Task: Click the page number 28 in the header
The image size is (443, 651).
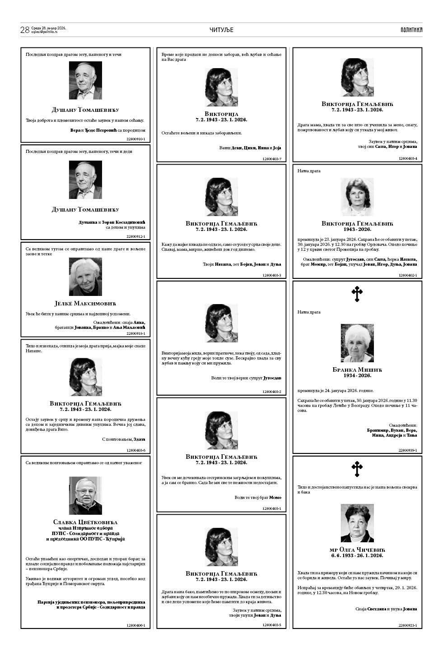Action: click(x=25, y=30)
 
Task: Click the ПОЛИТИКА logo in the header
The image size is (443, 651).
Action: click(x=411, y=30)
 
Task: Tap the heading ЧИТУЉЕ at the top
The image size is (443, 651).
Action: click(x=221, y=30)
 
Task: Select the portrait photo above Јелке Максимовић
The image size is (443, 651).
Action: click(x=85, y=277)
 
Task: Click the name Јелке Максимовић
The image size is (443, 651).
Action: click(x=85, y=304)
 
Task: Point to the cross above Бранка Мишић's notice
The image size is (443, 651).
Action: click(x=357, y=294)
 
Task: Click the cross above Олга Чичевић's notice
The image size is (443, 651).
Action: click(x=357, y=469)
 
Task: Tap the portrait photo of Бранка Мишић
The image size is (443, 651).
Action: click(x=357, y=343)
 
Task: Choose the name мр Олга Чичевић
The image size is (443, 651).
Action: click(x=357, y=550)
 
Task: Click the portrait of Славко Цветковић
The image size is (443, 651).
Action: click(x=85, y=496)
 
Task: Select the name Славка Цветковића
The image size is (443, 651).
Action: click(x=85, y=522)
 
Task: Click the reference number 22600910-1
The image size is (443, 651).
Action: click(x=136, y=139)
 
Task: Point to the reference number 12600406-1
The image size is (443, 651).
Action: click(x=136, y=625)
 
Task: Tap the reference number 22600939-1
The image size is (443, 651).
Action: click(x=408, y=450)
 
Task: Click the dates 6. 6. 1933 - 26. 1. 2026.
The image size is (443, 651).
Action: click(x=357, y=556)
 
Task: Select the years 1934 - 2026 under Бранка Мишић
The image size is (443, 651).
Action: click(x=357, y=376)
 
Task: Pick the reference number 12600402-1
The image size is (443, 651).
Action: click(x=408, y=275)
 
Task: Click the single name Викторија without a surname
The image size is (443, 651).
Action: click(x=221, y=114)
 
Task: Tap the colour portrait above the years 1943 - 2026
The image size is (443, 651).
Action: click(x=357, y=197)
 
